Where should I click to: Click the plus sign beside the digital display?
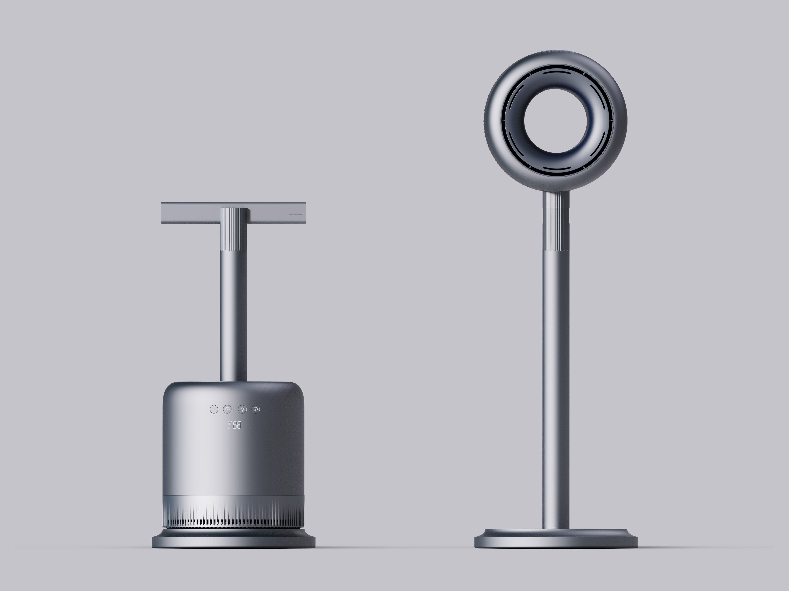point(221,425)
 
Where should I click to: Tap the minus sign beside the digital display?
point(249,425)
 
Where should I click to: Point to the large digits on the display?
point(237,425)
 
